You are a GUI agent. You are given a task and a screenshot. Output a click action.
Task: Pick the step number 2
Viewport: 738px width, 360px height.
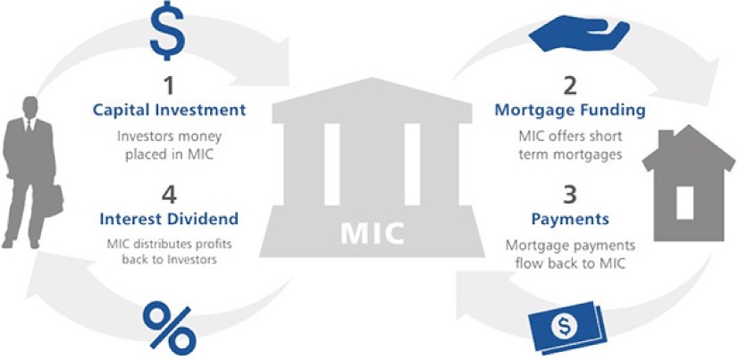[570, 87]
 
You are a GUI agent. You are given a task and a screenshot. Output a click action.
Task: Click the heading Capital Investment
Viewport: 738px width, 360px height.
[168, 110]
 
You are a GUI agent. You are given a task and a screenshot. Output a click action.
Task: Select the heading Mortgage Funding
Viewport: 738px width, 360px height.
[569, 110]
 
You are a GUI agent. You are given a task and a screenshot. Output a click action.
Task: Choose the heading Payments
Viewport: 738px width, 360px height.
[569, 219]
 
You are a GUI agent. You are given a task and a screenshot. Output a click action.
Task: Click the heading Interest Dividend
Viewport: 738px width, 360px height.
[168, 219]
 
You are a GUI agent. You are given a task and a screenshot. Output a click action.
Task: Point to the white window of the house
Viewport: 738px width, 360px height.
[684, 201]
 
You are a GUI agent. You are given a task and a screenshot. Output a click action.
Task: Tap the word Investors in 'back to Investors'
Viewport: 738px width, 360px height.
[188, 259]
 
